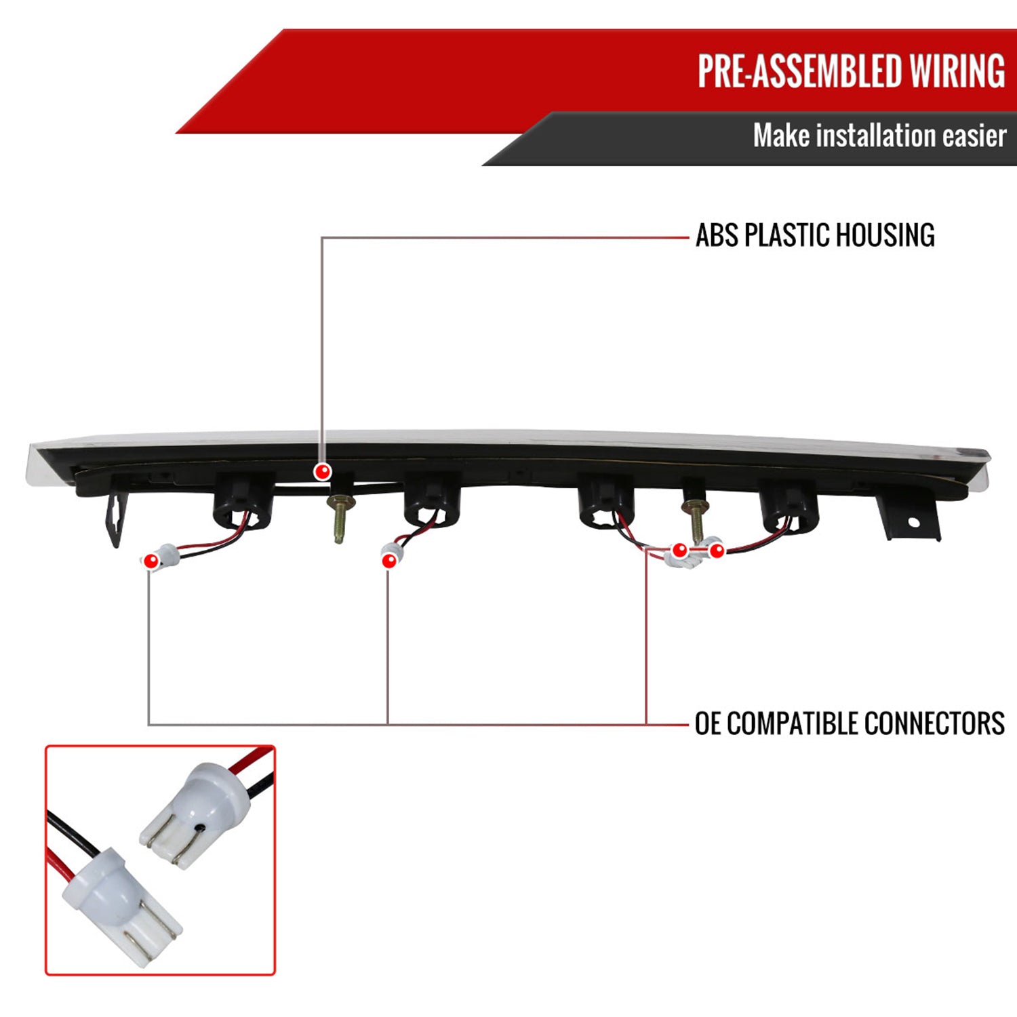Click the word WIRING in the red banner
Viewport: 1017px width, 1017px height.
(957, 71)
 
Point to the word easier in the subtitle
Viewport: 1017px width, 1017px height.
(974, 136)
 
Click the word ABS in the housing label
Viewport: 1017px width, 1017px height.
(717, 236)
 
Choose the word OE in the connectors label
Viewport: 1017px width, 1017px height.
(708, 723)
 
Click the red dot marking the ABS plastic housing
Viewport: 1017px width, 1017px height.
(323, 471)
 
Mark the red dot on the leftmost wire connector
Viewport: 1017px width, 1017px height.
(151, 561)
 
